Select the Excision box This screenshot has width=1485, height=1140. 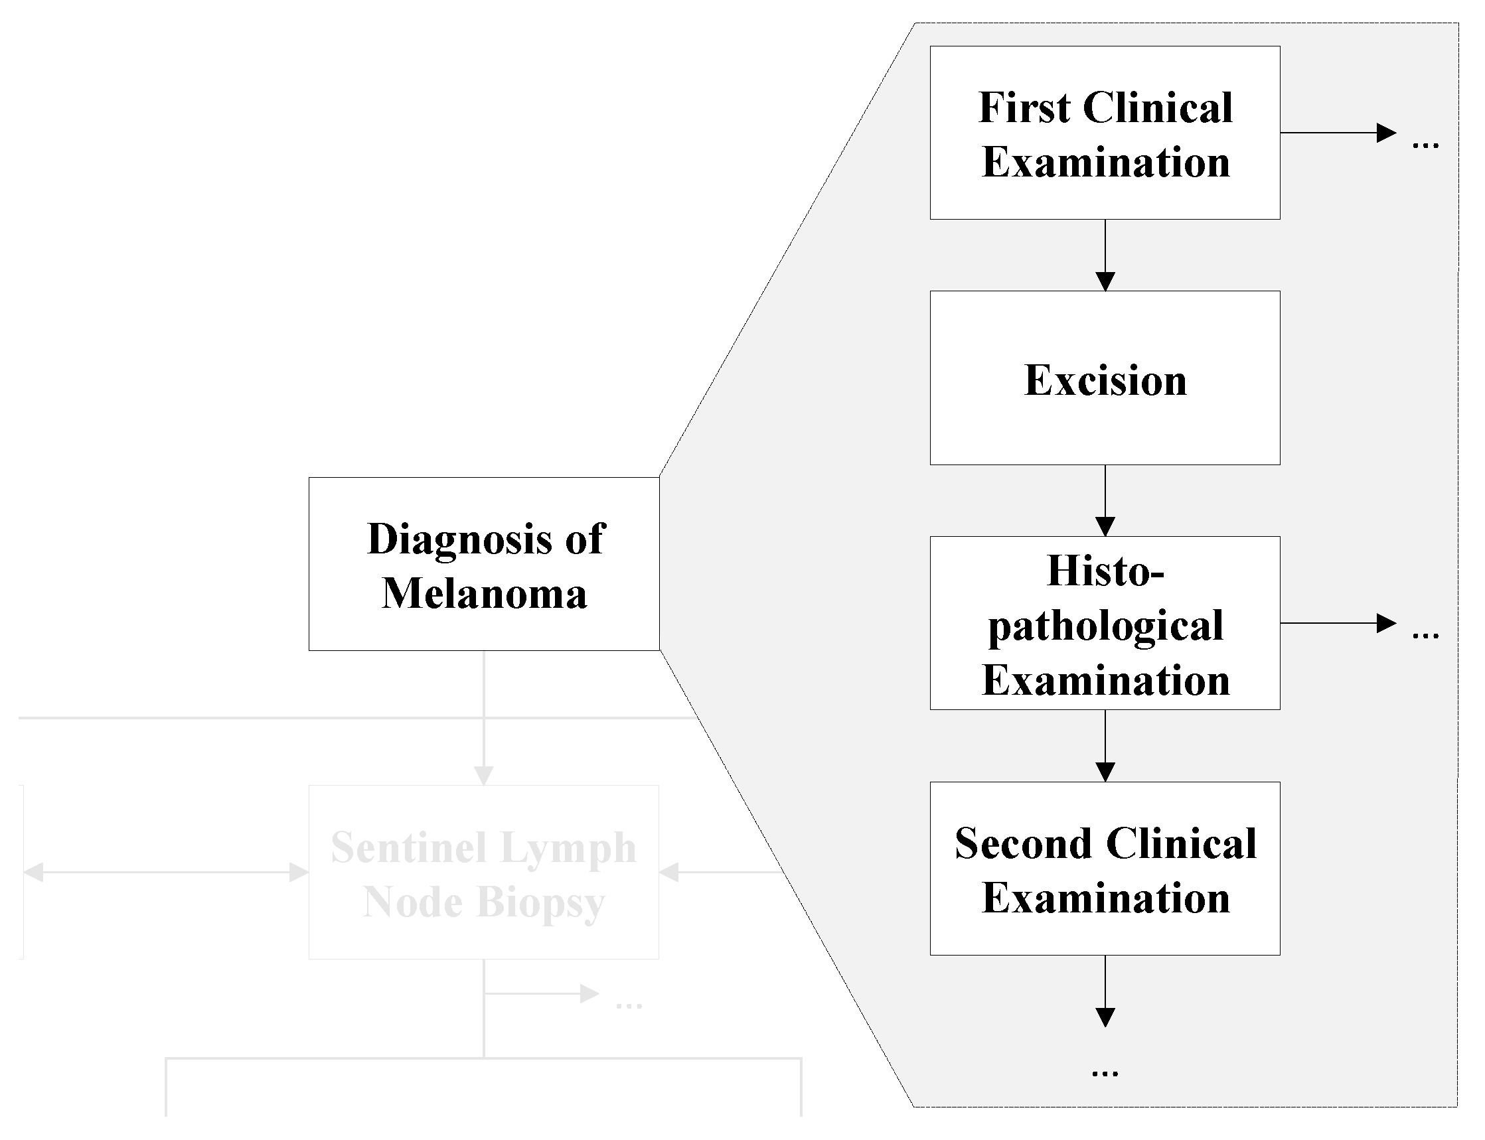click(1104, 378)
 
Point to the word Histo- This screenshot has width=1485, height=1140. click(1105, 571)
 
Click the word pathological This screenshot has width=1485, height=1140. click(1105, 626)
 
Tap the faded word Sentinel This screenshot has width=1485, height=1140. click(408, 847)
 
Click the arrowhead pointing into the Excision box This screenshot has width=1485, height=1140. click(1105, 281)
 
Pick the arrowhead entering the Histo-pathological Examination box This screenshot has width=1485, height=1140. click(1105, 526)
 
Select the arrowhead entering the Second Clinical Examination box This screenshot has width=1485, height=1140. click(1105, 772)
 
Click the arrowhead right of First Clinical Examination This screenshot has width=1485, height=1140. click(1385, 133)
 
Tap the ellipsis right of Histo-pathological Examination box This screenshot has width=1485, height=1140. click(1425, 635)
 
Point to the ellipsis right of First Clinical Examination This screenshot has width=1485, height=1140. click(1425, 145)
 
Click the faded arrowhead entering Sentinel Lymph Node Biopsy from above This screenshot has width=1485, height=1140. click(483, 775)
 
